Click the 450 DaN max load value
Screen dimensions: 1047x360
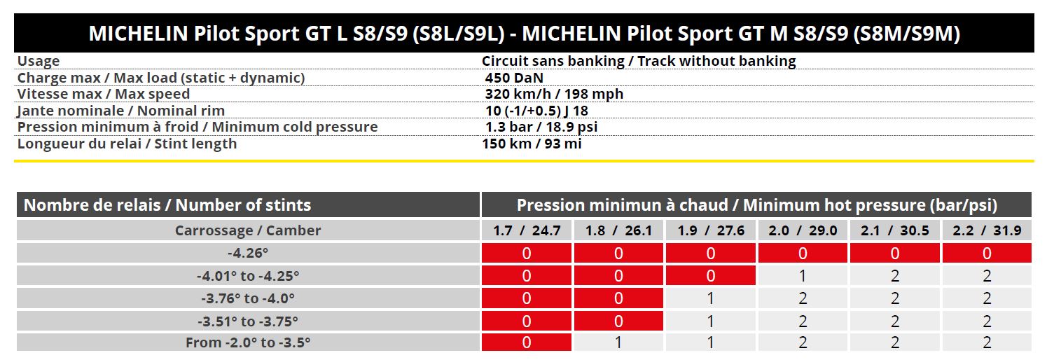tap(514, 78)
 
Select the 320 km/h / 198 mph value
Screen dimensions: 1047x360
tap(554, 94)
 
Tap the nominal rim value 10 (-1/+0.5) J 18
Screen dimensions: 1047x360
tap(536, 111)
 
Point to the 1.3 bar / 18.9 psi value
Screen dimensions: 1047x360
tap(541, 127)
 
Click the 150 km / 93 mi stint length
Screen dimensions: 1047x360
tap(532, 144)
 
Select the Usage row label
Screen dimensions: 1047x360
tap(39, 61)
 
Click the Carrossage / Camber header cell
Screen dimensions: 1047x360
tap(248, 230)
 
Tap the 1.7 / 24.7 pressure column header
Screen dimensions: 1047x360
tap(527, 230)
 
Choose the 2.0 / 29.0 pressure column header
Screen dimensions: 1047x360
tap(803, 230)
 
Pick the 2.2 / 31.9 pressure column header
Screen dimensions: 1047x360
tap(987, 230)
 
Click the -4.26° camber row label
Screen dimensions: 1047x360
tap(248, 253)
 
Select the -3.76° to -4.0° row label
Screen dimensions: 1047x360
tap(248, 298)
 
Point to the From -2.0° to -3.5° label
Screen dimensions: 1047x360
tap(248, 342)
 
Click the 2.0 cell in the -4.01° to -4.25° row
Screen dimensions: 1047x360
tap(803, 276)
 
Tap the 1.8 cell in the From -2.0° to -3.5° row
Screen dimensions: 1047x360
tap(618, 342)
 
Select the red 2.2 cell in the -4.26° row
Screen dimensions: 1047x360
tap(987, 253)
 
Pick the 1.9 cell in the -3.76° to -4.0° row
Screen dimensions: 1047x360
tap(710, 298)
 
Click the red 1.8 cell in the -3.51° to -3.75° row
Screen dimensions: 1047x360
tap(618, 321)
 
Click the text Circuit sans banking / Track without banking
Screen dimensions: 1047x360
tap(639, 61)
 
